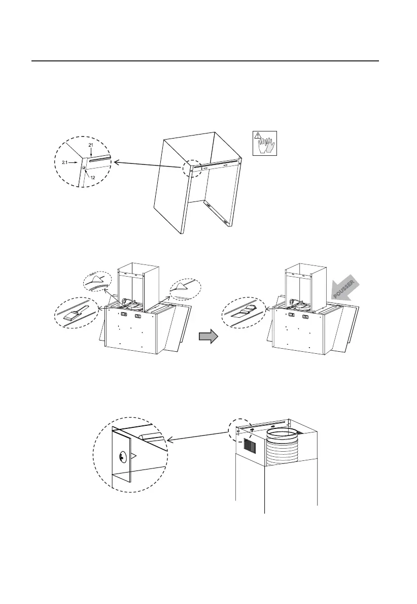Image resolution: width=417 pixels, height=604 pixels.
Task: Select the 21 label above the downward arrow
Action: [91, 145]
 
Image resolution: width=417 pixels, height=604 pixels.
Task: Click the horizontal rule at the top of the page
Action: [205, 61]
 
